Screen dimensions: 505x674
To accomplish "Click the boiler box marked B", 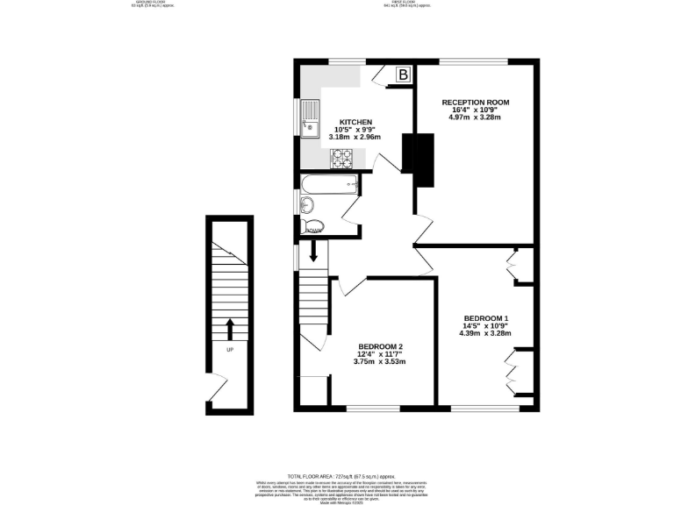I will (403, 75).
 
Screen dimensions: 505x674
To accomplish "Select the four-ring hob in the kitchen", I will (341, 158).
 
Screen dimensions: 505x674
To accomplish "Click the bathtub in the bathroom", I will (329, 184).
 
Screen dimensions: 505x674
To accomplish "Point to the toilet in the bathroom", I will (312, 228).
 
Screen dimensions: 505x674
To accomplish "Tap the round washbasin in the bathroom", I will (306, 205).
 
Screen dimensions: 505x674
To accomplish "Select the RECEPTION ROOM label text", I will (475, 103).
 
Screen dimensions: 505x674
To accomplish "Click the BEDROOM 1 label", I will (486, 317).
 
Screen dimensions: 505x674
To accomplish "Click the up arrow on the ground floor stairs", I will (230, 329).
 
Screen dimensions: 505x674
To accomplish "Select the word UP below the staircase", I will (230, 351).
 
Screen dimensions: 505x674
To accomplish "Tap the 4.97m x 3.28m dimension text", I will (475, 117).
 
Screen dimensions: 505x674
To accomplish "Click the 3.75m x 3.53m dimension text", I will (379, 361).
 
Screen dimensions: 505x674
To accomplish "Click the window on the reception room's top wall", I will (474, 60).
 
